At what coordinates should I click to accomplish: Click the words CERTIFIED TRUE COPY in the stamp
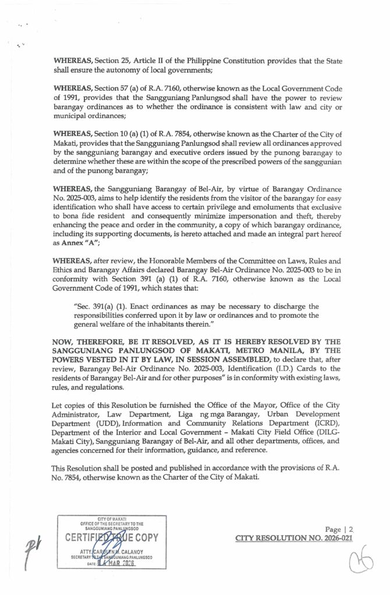point(108,537)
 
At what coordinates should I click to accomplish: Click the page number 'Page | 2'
point(341,529)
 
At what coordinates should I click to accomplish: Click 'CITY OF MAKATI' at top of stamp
point(108,518)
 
